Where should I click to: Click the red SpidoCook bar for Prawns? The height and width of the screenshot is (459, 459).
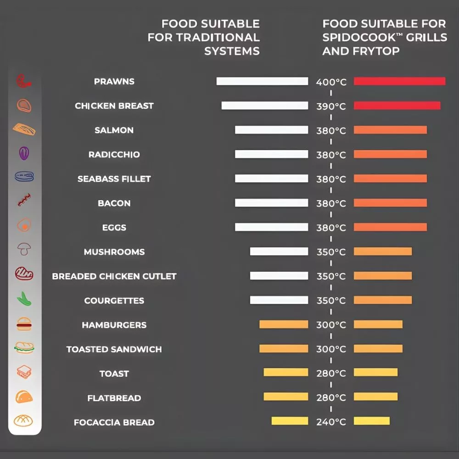(400, 81)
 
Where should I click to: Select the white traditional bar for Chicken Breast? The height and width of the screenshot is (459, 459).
(265, 106)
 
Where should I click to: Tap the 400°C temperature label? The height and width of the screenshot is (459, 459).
(331, 82)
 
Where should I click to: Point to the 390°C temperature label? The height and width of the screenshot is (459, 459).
(331, 106)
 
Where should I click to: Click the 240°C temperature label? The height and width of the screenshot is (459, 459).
(331, 422)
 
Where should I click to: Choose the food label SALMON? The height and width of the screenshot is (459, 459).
(114, 130)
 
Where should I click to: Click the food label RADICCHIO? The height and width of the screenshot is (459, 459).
(114, 154)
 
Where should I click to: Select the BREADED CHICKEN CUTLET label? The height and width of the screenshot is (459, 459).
(114, 276)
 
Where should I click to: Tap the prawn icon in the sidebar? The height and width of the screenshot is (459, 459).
(24, 81)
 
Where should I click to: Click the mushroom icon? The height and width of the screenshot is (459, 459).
(24, 249)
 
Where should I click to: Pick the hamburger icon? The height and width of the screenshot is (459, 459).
(24, 324)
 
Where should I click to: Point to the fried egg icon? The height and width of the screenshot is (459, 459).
(24, 225)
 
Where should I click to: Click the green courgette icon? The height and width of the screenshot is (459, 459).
(24, 299)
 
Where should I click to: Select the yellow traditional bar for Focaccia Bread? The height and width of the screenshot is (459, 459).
(290, 420)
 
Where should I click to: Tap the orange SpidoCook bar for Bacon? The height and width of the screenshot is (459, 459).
(390, 202)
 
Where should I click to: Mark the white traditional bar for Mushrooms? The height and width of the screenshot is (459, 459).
(279, 251)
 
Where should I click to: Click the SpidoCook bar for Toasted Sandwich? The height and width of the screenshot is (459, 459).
(378, 348)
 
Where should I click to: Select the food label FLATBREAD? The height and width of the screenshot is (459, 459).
(114, 398)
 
